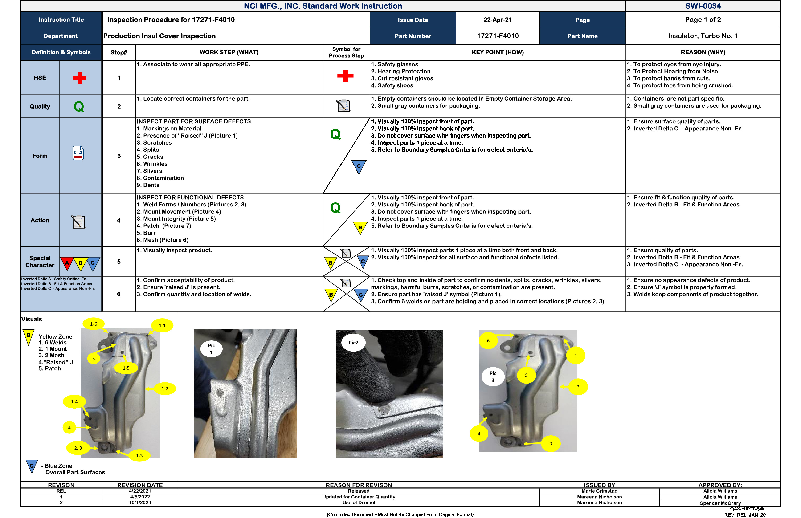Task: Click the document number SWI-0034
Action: tap(703, 6)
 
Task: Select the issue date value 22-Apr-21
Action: tap(497, 20)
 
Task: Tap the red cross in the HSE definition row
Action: tap(79, 78)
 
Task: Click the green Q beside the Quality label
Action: tap(79, 107)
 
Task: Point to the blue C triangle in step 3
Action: tap(359, 166)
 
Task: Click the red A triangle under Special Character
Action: tap(67, 263)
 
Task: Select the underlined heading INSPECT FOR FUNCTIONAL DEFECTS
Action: tap(190, 198)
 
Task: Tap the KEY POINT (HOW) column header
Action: tap(497, 52)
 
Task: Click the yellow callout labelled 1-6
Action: tap(93, 324)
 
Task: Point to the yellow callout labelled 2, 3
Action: tap(78, 448)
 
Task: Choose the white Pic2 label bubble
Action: tap(353, 343)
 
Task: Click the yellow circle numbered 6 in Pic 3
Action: tap(488, 340)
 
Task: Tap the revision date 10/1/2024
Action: tap(140, 502)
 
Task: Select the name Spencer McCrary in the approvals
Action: tap(720, 503)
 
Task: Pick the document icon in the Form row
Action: tap(78, 153)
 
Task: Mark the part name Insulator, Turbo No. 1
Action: tap(703, 36)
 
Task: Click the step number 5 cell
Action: tap(119, 262)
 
